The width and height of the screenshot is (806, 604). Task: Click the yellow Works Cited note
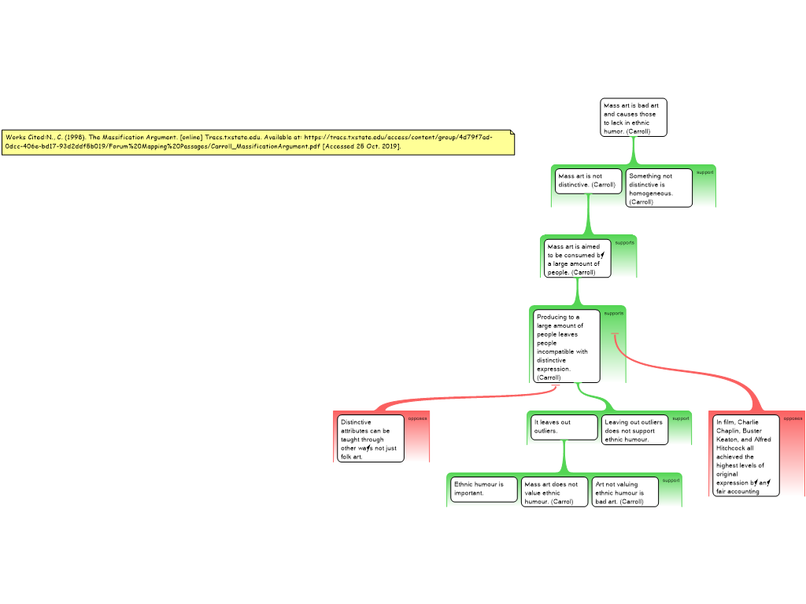pos(258,142)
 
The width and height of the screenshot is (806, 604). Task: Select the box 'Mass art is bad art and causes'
pos(634,118)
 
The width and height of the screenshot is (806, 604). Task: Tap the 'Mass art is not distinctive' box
pos(587,180)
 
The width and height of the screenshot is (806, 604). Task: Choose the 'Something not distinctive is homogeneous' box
pos(659,189)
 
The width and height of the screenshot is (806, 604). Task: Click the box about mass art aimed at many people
pos(577,259)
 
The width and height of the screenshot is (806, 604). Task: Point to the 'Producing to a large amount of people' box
pos(566,347)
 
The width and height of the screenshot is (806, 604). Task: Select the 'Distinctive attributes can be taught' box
pos(370,439)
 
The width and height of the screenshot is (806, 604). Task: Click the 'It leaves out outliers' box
pos(563,426)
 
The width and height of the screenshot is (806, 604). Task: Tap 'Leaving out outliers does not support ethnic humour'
pos(634,430)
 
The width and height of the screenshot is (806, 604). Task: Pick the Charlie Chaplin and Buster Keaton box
pos(745,456)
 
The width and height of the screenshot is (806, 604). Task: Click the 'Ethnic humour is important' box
pos(484,489)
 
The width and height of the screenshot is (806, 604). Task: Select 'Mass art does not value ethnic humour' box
pos(553,492)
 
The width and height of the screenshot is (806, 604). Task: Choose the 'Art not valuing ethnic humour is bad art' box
pos(624,492)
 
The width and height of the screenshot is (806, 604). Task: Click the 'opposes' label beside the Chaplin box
pos(793,418)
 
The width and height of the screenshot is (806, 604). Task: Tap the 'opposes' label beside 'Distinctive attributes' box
pos(417,418)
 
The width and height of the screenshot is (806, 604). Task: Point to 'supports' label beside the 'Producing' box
pos(614,313)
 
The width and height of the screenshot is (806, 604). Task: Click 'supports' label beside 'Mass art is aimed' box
pos(624,242)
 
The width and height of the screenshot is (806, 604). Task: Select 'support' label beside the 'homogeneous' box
pos(704,172)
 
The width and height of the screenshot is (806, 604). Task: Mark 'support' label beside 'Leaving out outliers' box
pos(680,418)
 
